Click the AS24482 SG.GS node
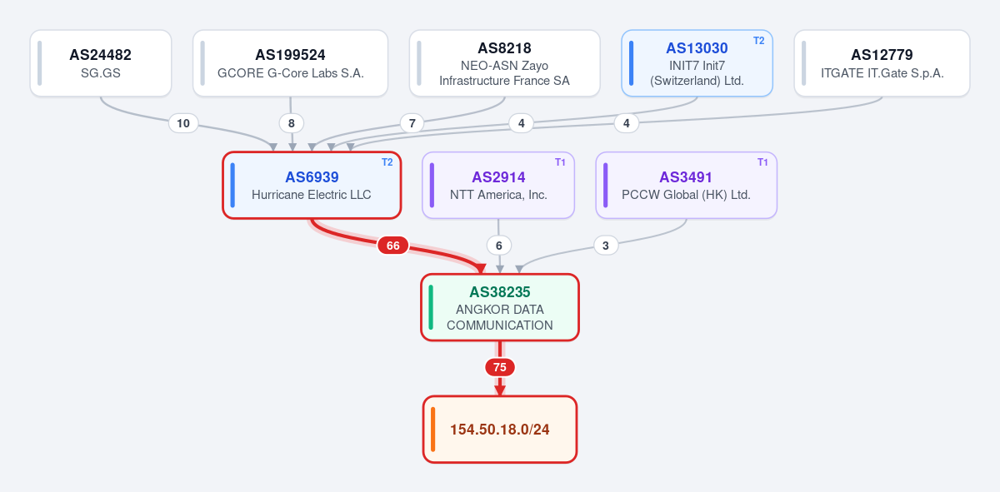click(101, 63)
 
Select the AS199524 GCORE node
click(290, 63)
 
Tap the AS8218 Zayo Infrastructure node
click(504, 63)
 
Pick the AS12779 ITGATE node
click(882, 63)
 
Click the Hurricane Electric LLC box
click(312, 185)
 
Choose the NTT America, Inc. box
click(498, 185)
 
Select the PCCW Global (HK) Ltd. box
click(686, 185)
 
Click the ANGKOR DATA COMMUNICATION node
click(500, 307)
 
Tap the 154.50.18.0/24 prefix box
click(500, 429)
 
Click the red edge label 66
click(392, 246)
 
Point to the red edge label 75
click(500, 367)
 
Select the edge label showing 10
click(183, 123)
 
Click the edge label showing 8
click(292, 123)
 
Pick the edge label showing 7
click(412, 123)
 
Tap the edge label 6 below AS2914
click(499, 246)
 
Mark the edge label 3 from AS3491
click(606, 246)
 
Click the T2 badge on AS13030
click(759, 41)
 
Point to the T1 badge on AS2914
click(560, 162)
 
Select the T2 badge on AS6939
click(387, 162)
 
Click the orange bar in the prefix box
click(432, 429)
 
